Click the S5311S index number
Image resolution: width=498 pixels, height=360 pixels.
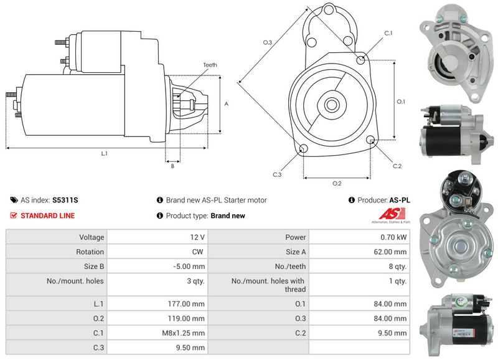[65, 201]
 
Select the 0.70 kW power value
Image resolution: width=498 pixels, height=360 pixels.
[395, 237]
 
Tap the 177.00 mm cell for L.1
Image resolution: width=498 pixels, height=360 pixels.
[189, 303]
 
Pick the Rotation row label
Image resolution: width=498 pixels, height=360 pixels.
[91, 252]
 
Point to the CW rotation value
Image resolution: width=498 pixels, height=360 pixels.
[199, 252]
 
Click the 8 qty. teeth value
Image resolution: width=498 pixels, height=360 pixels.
[397, 267]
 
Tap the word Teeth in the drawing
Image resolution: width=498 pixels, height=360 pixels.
[210, 65]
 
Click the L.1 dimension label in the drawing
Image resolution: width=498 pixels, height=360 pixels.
[104, 153]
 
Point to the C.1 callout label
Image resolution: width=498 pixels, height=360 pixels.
[388, 32]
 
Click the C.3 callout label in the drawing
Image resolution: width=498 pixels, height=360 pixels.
[278, 174]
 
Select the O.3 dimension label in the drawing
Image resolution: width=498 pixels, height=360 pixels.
[267, 42]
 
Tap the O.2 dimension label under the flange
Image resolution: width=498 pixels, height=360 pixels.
[337, 183]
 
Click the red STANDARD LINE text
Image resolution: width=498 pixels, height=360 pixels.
[48, 216]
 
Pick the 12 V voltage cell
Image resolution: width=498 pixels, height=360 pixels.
[198, 237]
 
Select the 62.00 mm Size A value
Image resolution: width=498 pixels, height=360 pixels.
[392, 252]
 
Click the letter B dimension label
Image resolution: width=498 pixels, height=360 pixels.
[172, 166]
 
